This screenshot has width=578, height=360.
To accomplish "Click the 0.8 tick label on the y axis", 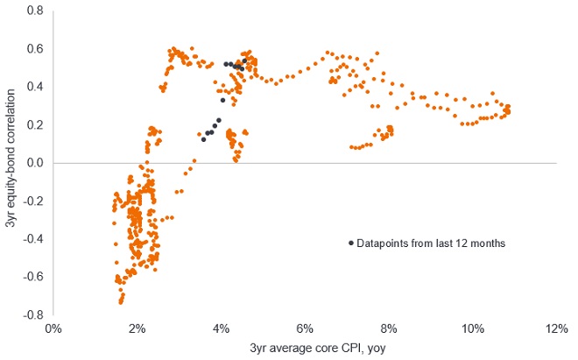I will pyautogui.click(x=36, y=11).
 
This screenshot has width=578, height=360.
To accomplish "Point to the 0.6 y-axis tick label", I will pyautogui.click(x=36, y=49).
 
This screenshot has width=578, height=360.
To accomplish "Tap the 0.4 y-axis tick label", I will pyautogui.click(x=36, y=87).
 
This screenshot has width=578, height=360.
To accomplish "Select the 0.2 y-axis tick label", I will pyautogui.click(x=36, y=125).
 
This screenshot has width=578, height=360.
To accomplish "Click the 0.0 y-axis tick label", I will pyautogui.click(x=36, y=163).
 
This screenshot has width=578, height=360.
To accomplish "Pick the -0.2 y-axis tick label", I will pyautogui.click(x=34, y=201).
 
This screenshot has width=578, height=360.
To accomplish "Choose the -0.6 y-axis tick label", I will pyautogui.click(x=34, y=277).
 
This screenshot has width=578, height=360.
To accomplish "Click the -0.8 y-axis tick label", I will pyautogui.click(x=34, y=314).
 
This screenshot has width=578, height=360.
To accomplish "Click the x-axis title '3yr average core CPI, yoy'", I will pyautogui.click(x=304, y=349).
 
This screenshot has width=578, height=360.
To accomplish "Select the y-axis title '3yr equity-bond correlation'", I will pyautogui.click(x=11, y=163).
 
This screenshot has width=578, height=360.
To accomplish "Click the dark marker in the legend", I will pyautogui.click(x=351, y=243).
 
